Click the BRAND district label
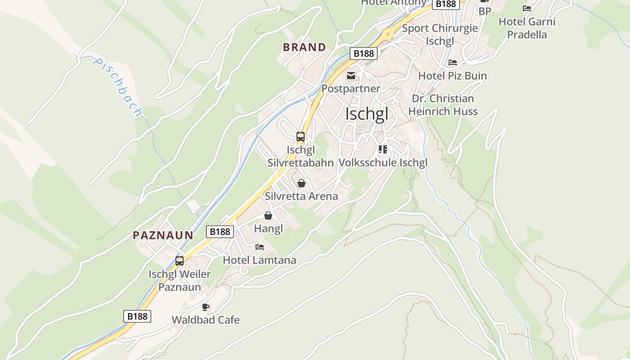pos(304,47)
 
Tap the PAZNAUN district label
pos(163,235)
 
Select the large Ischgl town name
pos(366,114)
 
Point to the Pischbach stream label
pos(117,86)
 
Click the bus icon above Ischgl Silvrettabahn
pos(301,137)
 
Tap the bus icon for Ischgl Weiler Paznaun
pos(180,261)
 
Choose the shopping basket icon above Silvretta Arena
pos(301,183)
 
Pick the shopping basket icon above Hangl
pos(268,216)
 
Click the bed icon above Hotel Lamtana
pos(260,247)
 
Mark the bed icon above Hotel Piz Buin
pos(453,63)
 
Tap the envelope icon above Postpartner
pos(351,75)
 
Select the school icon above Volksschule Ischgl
pos(383,149)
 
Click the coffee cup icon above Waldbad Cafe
pos(206,307)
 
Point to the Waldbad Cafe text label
pos(206,320)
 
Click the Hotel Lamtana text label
pos(260,260)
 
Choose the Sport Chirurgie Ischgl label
pos(440,35)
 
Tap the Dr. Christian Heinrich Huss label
pos(443,105)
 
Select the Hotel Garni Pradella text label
pos(527,28)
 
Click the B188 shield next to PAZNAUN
pos(220,232)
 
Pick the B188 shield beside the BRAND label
pos(364,54)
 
